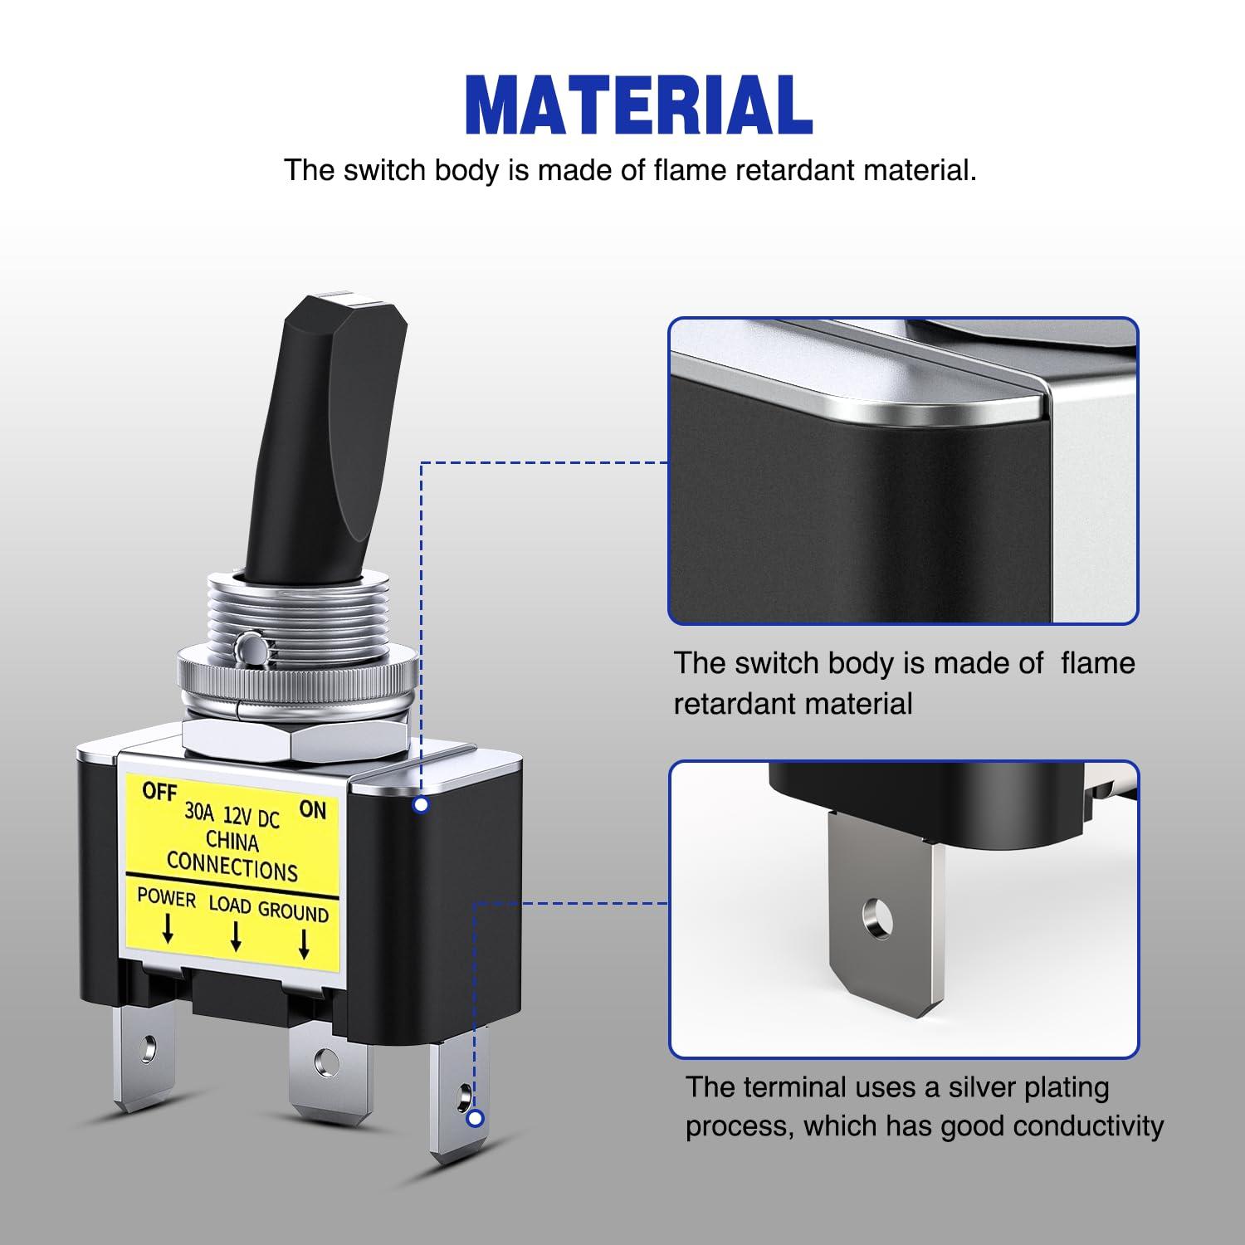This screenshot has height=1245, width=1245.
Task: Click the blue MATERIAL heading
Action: (638, 105)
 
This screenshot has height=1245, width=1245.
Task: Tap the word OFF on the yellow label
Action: (159, 792)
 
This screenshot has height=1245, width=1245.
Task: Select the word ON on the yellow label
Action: (313, 809)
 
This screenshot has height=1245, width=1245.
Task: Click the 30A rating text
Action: (199, 811)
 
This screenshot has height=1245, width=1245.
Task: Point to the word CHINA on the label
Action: (232, 842)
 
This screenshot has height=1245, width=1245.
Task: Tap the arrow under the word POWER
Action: (168, 929)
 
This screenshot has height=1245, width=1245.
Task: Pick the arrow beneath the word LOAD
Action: (236, 935)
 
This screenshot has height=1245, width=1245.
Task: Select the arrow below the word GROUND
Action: (304, 943)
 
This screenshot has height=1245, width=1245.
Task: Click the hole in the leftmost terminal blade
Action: (149, 1048)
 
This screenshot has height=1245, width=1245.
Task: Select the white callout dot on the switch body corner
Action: (421, 804)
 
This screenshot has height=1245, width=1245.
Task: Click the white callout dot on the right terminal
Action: (476, 1119)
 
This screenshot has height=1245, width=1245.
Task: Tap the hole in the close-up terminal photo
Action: (877, 920)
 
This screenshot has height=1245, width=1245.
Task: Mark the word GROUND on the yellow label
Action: (293, 911)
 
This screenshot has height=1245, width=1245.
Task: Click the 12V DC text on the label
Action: (251, 817)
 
